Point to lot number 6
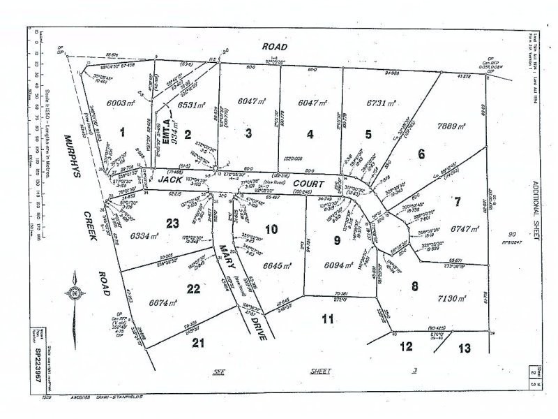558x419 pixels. pyautogui.click(x=421, y=153)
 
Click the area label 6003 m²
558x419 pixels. pyautogui.click(x=121, y=102)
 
